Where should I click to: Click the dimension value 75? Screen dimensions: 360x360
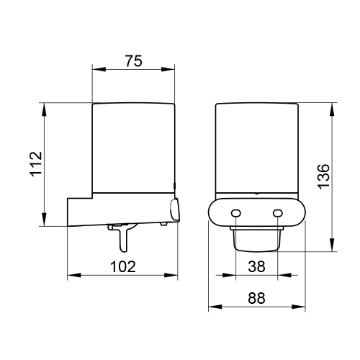pos(134,61)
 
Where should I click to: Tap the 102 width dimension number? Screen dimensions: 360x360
pos(124,266)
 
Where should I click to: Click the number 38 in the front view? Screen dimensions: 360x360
pos(257,266)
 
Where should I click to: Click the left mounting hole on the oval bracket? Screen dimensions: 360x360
pos(235,213)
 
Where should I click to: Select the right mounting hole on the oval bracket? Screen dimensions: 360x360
pos(278,213)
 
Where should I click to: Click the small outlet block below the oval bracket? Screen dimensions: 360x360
pos(256,238)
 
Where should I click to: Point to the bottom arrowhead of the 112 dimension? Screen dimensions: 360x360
pos(45,222)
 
